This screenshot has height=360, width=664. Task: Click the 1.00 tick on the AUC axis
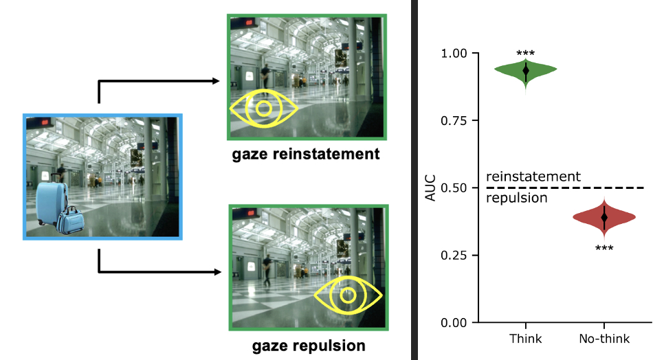pyautogui.click(x=454, y=54)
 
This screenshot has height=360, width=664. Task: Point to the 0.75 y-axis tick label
pyautogui.click(x=454, y=121)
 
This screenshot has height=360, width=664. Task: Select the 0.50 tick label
pyautogui.click(x=454, y=188)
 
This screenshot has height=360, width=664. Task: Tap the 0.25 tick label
pyautogui.click(x=454, y=256)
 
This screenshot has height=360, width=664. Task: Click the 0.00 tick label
pyautogui.click(x=454, y=323)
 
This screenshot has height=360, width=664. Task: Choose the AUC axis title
pyautogui.click(x=430, y=188)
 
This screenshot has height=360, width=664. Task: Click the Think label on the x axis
pyautogui.click(x=526, y=339)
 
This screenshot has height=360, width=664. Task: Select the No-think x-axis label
pyautogui.click(x=604, y=339)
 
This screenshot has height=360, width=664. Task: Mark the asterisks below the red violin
pyautogui.click(x=604, y=248)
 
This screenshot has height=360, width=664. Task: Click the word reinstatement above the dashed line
pyautogui.click(x=533, y=177)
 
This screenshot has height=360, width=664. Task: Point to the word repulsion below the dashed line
pyautogui.click(x=516, y=199)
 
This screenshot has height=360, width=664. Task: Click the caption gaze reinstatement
pyautogui.click(x=305, y=154)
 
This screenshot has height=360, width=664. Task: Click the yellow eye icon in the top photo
pyautogui.click(x=263, y=109)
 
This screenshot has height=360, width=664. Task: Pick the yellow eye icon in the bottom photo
pyautogui.click(x=348, y=295)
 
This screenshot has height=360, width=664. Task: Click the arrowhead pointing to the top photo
pyautogui.click(x=216, y=81)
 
